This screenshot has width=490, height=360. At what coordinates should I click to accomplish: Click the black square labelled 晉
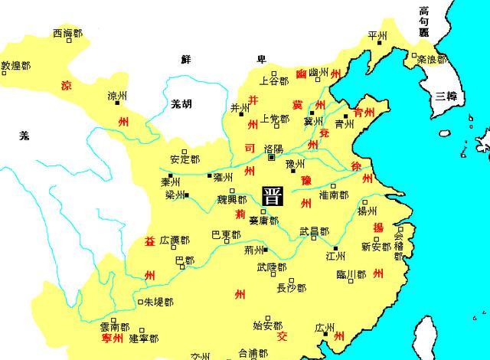coord(272,195)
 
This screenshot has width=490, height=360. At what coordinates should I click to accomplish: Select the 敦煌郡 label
coord(16,66)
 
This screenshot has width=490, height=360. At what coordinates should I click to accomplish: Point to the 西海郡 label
coord(67,33)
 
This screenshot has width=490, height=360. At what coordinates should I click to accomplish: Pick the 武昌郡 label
coord(314,231)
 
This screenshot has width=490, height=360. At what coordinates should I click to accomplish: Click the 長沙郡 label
coord(291,288)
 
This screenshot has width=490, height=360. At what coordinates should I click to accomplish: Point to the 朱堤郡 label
coord(158,303)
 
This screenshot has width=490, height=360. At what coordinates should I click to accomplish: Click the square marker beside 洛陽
coord(271,158)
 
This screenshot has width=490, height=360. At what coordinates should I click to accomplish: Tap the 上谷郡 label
coord(273,79)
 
